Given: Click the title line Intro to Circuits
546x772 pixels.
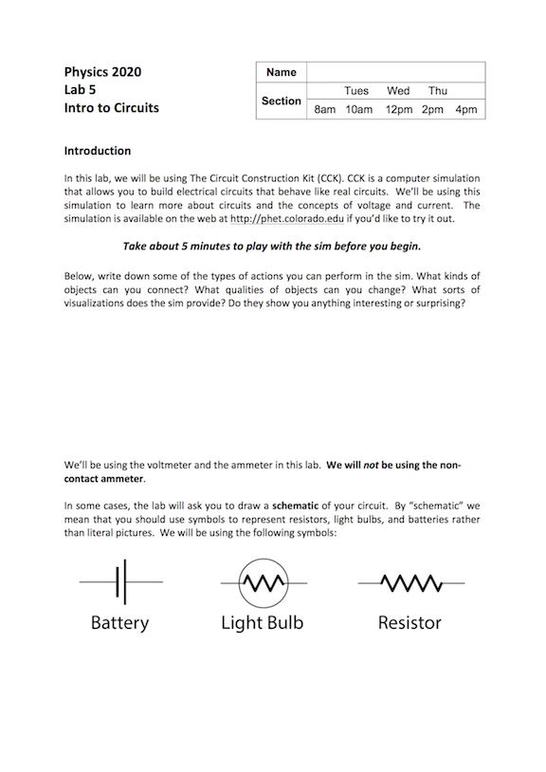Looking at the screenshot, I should coord(111,107).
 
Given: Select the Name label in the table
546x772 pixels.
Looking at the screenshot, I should coord(281,72).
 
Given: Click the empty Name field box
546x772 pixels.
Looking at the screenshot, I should coord(395,72).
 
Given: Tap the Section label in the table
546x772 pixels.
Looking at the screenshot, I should coord(281,101).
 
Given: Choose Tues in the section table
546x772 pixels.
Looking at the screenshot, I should coord(356,91).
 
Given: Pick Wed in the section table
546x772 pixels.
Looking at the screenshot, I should coord(398,91).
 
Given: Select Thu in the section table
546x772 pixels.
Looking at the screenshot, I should coord(437,91).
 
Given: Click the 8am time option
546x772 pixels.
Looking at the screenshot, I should coord(325,110).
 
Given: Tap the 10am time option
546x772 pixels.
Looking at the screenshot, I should coord(359,110).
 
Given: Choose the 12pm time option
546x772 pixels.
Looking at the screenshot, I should coord(399,110).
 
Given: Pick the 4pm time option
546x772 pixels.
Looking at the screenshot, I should coord(465,110).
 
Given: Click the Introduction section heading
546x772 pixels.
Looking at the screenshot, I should coord(98,151).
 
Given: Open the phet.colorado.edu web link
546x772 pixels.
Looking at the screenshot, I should coord(282,218).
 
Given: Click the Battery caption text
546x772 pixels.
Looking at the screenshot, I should coord(120,623).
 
